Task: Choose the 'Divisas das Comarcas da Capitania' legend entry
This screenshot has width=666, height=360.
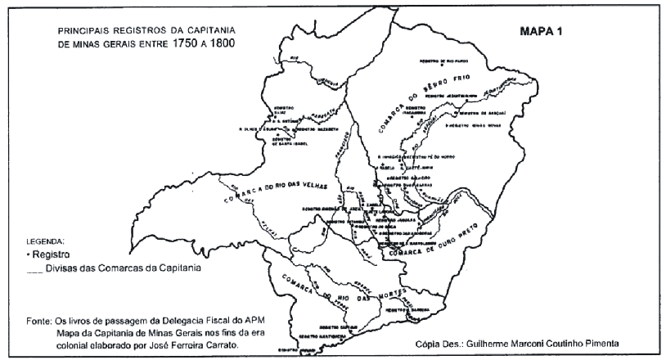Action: (115, 267)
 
